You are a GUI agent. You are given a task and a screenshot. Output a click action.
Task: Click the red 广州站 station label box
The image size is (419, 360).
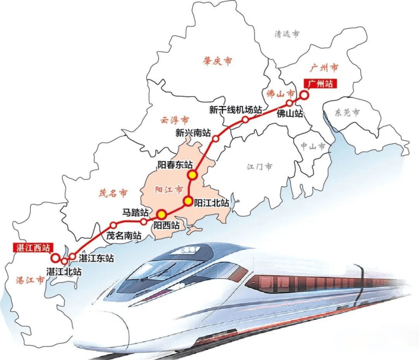(x=319, y=83)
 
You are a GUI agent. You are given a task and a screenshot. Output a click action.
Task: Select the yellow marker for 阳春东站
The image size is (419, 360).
(x=193, y=175)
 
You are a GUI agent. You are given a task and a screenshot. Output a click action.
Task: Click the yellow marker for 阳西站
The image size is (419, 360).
(x=161, y=213)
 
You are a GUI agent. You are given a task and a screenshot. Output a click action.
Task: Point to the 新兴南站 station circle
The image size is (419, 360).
(x=216, y=139)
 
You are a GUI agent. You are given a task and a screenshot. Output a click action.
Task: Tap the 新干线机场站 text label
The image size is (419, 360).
(x=235, y=110)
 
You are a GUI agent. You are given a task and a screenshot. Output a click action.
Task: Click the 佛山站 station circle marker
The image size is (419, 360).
(x=289, y=103)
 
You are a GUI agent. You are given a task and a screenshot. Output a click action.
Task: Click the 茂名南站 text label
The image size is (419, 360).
(x=124, y=235)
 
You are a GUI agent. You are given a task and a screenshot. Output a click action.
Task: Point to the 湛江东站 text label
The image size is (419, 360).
(x=95, y=258)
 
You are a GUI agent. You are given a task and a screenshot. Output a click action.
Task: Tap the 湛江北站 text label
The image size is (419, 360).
(x=64, y=272)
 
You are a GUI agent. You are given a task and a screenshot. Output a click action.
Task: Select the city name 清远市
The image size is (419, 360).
(x=287, y=34)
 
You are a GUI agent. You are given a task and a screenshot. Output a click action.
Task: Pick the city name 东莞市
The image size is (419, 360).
(x=347, y=113)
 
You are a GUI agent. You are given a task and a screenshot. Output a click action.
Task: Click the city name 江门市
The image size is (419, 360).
(x=260, y=167)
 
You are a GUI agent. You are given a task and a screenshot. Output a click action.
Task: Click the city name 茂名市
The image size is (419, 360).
(x=113, y=193)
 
